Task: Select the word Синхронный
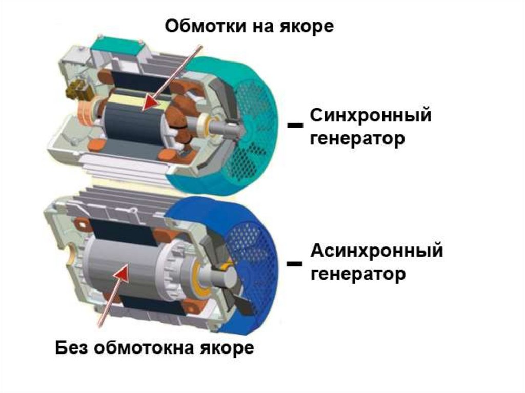370,116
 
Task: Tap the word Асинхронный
376,251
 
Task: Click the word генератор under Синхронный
357,138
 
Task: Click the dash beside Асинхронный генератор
294,263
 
